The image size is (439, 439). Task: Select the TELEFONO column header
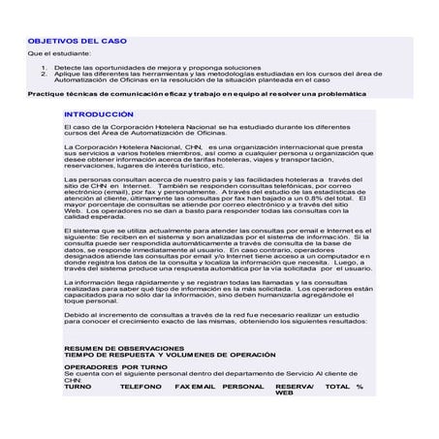pos(141,387)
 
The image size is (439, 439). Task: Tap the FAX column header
pos(182,387)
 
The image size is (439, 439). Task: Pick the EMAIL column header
pos(204,387)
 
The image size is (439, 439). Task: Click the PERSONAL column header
pos(242,387)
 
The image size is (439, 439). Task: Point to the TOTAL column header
pos(336,387)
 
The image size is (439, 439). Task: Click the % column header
pos(360,387)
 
